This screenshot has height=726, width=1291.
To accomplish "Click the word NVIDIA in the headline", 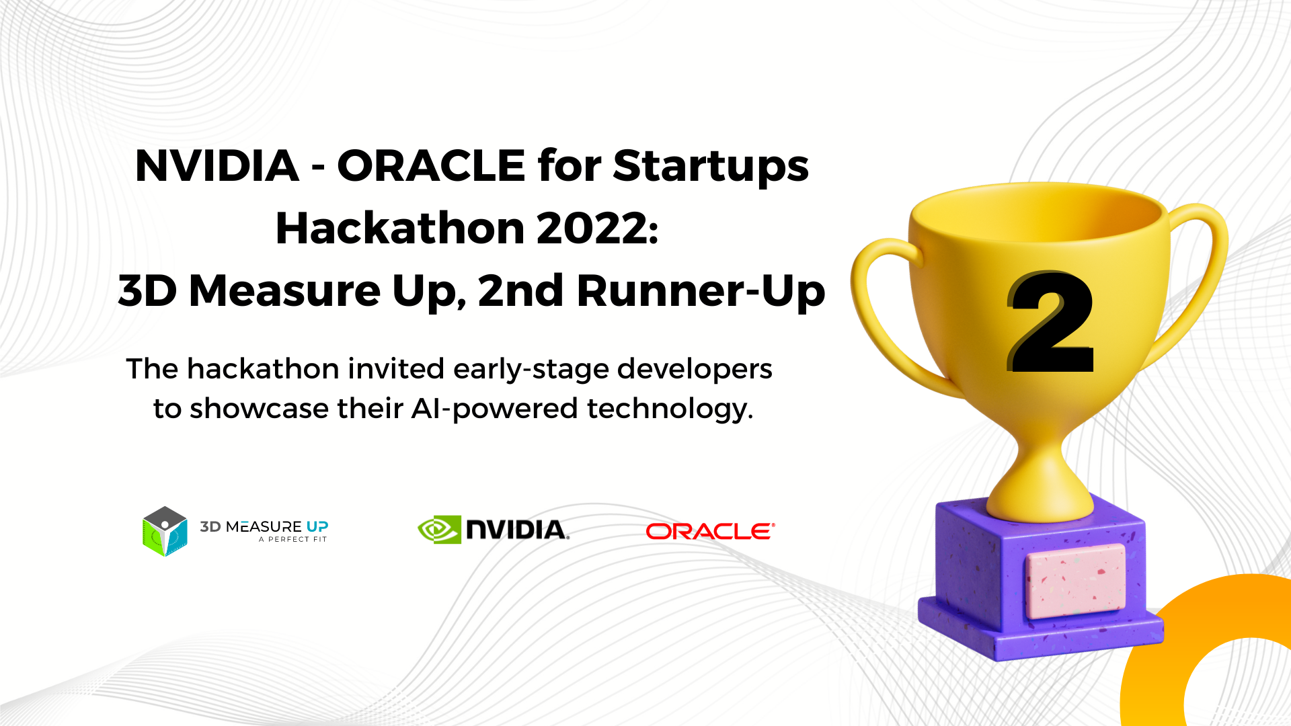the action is pos(217,165).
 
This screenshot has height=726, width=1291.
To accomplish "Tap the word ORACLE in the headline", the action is pos(431,165).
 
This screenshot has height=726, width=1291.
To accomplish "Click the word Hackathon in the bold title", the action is pos(401,228).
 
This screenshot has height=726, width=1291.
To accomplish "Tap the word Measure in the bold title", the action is pos(285,291).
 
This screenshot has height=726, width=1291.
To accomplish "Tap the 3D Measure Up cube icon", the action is pos(165,531).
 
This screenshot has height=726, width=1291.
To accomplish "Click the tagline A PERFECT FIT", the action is pos(293,539).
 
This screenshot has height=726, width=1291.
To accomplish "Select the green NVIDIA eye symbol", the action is pos(439,530).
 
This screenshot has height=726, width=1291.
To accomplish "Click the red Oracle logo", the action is pos(710,531).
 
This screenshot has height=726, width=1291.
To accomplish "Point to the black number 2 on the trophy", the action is pos(1051,321).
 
